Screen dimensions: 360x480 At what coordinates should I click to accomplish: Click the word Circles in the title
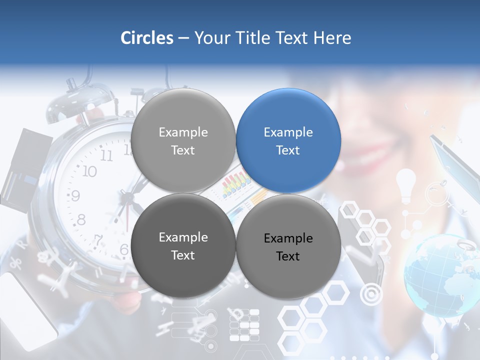147,38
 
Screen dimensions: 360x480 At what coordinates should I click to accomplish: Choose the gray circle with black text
288,246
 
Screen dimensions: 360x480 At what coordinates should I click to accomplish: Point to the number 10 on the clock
89,171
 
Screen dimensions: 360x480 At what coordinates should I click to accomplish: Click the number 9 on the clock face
75,195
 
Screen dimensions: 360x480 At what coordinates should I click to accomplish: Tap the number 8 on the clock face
81,219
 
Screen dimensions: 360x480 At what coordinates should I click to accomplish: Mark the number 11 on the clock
106,155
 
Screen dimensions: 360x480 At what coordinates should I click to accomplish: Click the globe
440,275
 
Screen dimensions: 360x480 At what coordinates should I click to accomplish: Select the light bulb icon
406,183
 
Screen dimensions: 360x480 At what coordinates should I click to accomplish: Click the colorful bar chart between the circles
236,185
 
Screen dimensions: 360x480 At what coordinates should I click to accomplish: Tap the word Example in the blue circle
288,132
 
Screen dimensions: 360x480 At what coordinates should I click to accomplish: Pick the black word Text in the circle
288,256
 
